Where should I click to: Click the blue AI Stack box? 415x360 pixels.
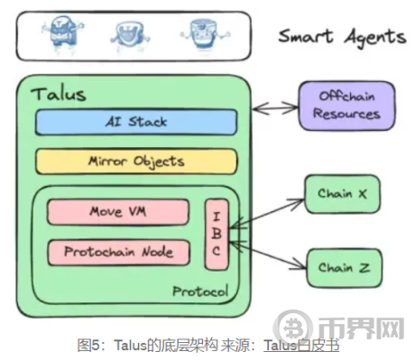tap(136, 121)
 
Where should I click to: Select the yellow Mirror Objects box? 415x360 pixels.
tap(136, 162)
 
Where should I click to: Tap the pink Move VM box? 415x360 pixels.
tap(117, 212)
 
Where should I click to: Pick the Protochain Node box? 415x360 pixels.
tap(117, 252)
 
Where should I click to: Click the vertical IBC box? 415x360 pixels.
tap(216, 233)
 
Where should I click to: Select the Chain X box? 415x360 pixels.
tap(341, 194)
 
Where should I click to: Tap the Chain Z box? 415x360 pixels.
tap(341, 267)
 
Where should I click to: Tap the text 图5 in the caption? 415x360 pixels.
tap(88, 345)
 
